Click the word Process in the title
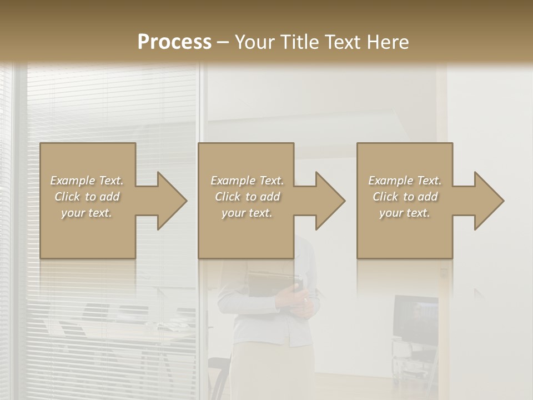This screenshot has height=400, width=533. coord(174,42)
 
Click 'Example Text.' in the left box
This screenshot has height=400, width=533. coord(87,181)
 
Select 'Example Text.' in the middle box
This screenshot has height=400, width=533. coord(247,181)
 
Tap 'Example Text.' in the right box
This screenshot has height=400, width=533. coord(405,181)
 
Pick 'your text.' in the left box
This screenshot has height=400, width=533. coord(87,213)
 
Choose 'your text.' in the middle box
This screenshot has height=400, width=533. coord(247,213)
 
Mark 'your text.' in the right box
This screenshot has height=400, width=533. coord(405,213)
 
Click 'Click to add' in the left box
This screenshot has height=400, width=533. coord(87,197)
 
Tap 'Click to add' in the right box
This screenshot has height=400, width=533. coord(405,197)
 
